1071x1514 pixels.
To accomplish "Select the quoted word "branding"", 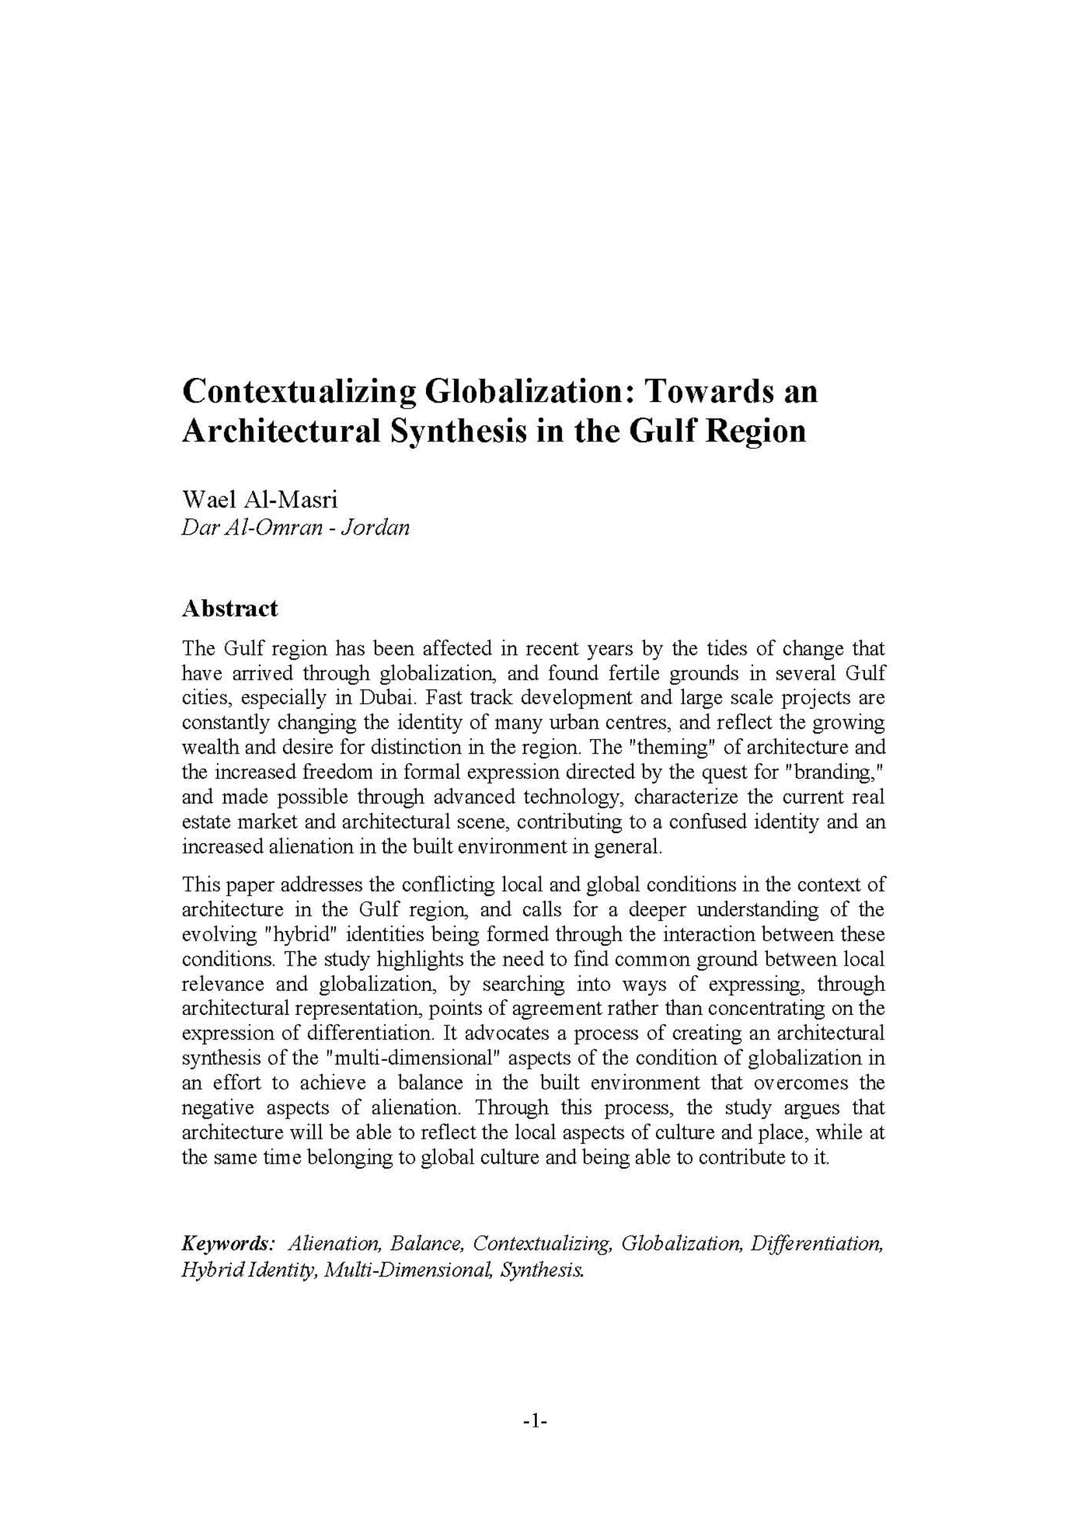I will point(835,772).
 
